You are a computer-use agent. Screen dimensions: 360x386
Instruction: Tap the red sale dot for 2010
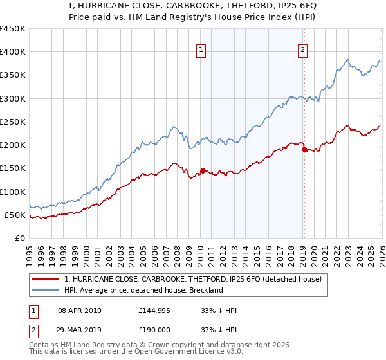pyautogui.click(x=203, y=170)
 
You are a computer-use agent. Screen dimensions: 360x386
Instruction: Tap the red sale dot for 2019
pyautogui.click(x=304, y=149)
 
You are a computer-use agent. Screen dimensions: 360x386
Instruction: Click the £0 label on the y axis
pyautogui.click(x=19, y=238)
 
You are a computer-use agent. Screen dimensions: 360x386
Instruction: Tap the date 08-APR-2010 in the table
pyautogui.click(x=79, y=310)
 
